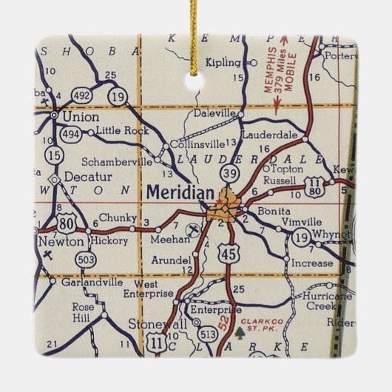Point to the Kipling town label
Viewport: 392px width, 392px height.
[x=223, y=61]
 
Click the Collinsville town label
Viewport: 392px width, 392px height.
[x=196, y=144]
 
